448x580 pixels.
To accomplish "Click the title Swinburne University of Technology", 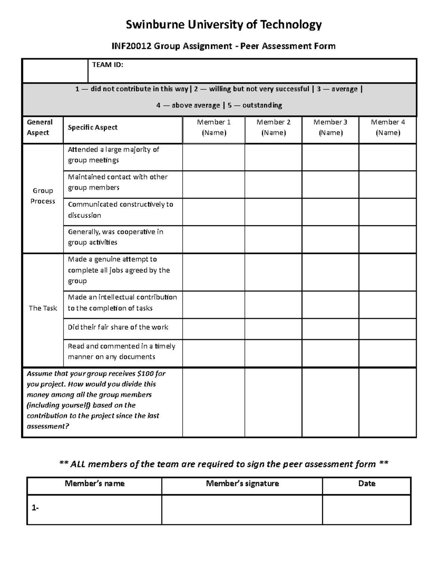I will tap(224, 25).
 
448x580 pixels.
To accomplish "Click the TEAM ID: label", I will tap(108, 65).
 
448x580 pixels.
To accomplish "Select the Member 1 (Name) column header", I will tap(214, 127).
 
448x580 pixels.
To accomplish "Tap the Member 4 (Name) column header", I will tap(388, 127).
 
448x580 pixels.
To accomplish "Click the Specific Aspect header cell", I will tap(93, 127).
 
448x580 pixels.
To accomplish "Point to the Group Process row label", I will tap(43, 196).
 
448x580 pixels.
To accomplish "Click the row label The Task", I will tap(43, 308).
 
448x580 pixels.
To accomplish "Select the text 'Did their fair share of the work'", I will tap(118, 327).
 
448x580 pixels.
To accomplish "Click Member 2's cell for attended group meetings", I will tap(273, 157).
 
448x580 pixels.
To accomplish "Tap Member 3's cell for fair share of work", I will tap(330, 329).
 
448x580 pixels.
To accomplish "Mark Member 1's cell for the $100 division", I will tap(214, 402).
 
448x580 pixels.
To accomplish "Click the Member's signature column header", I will tap(242, 484).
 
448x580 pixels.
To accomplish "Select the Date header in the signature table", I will tap(367, 484).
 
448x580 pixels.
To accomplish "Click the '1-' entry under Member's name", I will tap(35, 508).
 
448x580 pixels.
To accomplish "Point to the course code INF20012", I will tap(132, 46).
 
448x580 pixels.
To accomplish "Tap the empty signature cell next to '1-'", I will tap(242, 510).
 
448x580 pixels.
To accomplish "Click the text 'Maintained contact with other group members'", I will tap(118, 182).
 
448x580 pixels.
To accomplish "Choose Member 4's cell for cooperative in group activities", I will tap(388, 239).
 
